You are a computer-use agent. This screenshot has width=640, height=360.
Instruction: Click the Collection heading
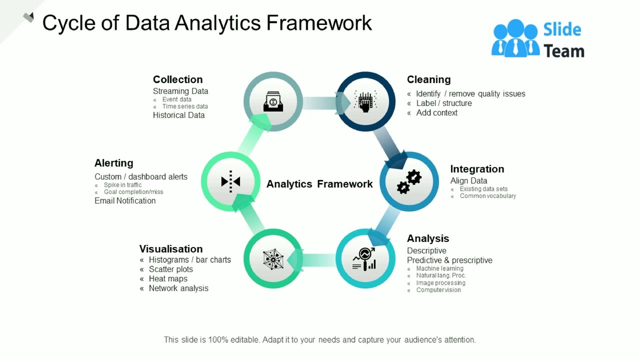tap(177, 79)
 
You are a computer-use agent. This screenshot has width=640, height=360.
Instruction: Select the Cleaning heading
tap(428, 79)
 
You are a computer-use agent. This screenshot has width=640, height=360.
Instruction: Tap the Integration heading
tap(477, 169)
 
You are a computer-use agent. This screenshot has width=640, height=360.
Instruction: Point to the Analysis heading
tap(428, 238)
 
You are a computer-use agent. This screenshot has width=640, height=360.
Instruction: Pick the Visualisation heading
tap(171, 249)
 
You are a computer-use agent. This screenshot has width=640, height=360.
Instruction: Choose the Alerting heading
tap(114, 163)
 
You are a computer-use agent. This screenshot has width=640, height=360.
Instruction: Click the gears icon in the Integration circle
tap(409, 181)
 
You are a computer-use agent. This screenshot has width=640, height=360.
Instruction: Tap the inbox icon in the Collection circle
tap(273, 101)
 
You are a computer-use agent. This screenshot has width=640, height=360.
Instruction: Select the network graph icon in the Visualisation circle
tap(273, 258)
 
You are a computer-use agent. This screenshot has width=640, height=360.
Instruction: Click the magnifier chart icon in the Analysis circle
tap(365, 259)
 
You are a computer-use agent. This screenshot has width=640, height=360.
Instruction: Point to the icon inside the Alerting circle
tap(230, 181)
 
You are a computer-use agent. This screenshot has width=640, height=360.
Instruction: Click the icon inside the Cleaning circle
tap(365, 101)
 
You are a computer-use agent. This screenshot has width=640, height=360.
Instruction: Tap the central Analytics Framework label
tap(319, 184)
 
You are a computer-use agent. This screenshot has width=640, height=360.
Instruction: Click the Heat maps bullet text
tap(168, 279)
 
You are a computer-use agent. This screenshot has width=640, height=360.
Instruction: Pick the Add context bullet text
tap(436, 113)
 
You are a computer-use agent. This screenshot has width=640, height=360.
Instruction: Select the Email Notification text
tap(125, 201)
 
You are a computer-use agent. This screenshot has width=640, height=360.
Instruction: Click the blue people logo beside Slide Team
tap(515, 38)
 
